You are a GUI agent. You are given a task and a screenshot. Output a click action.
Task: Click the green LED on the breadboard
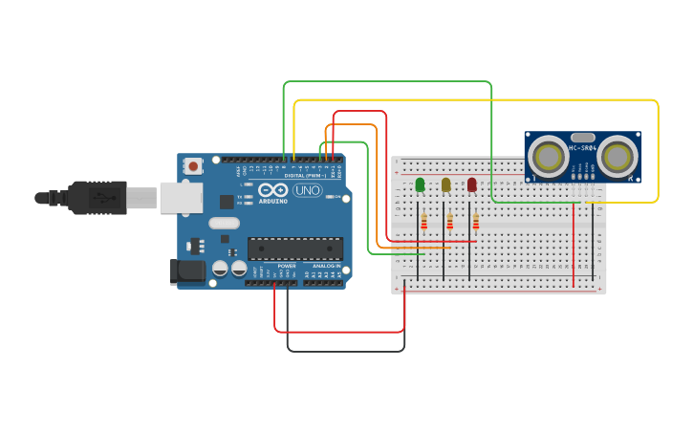tap(421, 184)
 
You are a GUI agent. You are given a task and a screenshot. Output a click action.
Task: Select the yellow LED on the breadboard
tap(445, 184)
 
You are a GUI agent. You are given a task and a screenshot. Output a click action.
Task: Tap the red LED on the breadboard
tap(471, 184)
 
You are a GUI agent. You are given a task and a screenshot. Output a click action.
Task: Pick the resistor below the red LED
tap(475, 223)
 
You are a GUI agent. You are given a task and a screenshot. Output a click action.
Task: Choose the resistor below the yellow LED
tap(449, 223)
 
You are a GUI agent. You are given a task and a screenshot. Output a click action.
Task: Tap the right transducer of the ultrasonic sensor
tap(617, 157)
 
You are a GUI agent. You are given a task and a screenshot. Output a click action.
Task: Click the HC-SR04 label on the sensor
tap(583, 148)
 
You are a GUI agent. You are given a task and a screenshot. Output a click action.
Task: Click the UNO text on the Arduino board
tap(307, 190)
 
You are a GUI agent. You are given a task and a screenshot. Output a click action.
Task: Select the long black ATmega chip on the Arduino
tap(295, 249)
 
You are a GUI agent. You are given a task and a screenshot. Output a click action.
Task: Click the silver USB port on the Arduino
tap(181, 198)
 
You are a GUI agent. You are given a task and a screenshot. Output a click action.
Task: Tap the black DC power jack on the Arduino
tap(187, 271)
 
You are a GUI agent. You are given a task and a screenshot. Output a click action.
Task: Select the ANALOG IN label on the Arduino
tap(326, 266)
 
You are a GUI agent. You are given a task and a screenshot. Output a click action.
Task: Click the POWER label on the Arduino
tap(286, 266)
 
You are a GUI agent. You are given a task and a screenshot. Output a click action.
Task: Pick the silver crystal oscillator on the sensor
tap(583, 138)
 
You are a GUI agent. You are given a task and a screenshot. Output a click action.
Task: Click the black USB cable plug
tap(96, 198)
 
